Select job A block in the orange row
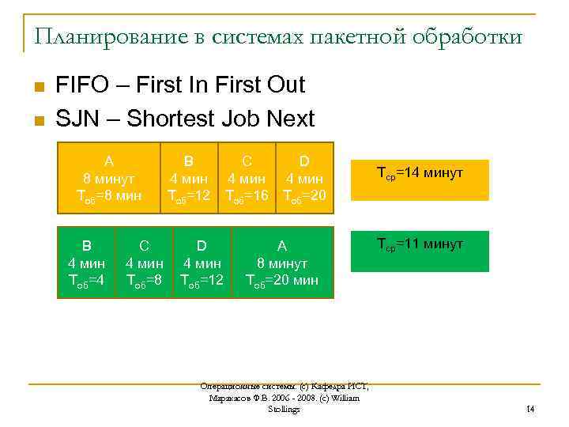pyautogui.click(x=108, y=178)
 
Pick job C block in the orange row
pyautogui.click(x=247, y=178)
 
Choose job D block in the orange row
pyautogui.click(x=304, y=178)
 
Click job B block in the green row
pyautogui.click(x=88, y=263)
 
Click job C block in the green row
pyautogui.click(x=145, y=263)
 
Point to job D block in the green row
pyautogui.click(x=202, y=263)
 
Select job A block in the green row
pyautogui.click(x=282, y=263)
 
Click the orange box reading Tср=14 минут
pyautogui.click(x=420, y=179)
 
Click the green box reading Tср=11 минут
pyautogui.click(x=420, y=251)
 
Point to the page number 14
pyautogui.click(x=530, y=409)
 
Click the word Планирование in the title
pyautogui.click(x=98, y=36)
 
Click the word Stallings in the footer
pyautogui.click(x=284, y=409)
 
